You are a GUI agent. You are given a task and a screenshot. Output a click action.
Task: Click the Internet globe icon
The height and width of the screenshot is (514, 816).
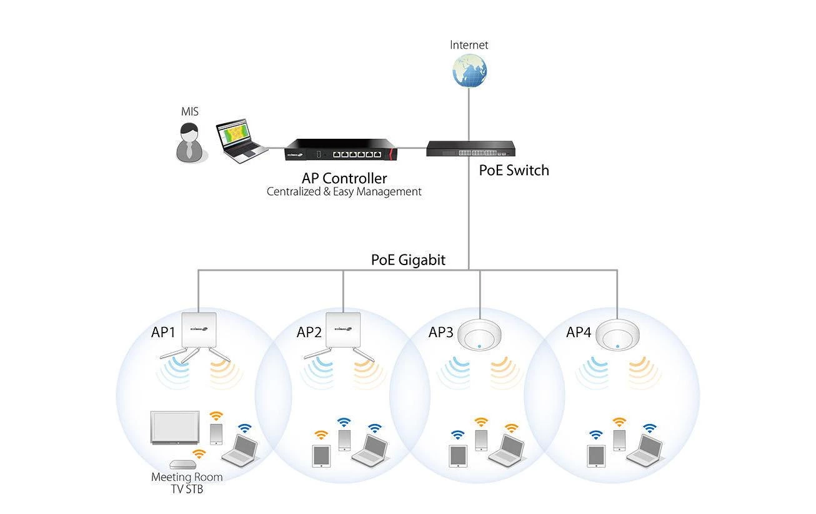(470, 70)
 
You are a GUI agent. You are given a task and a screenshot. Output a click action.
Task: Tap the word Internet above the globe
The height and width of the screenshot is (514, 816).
(469, 45)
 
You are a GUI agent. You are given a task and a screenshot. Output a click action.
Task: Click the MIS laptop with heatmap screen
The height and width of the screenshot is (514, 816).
(237, 142)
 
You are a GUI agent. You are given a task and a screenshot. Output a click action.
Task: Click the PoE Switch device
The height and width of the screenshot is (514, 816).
(471, 149)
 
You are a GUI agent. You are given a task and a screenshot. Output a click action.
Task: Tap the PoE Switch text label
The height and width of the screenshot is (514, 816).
(514, 170)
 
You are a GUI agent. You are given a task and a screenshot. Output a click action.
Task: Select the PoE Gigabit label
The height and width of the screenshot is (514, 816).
(408, 260)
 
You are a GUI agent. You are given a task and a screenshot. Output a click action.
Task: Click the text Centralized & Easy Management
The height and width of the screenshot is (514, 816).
(344, 191)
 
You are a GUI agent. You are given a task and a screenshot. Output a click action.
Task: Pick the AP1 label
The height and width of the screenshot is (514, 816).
(164, 332)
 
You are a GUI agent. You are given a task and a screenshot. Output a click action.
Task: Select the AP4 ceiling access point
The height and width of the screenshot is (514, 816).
(617, 336)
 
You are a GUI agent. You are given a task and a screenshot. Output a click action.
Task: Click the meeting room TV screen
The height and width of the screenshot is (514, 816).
(175, 428)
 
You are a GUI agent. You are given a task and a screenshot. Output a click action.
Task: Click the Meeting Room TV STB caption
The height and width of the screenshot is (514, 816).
(187, 483)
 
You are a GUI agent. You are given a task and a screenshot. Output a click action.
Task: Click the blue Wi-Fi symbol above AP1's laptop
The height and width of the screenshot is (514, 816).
(245, 428)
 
